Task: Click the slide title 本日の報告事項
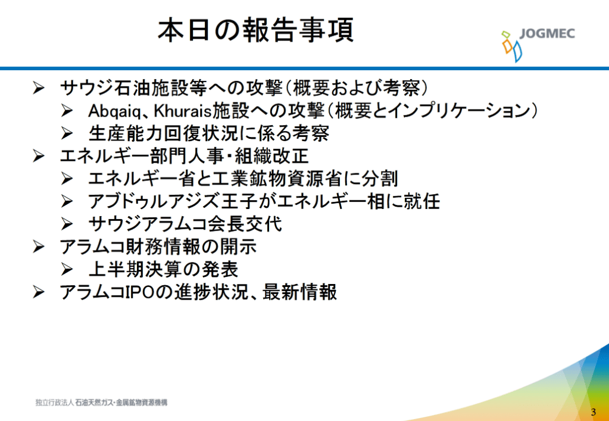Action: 255,31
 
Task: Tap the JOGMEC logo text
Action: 548,34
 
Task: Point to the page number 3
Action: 593,412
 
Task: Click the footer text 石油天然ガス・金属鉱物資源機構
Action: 121,403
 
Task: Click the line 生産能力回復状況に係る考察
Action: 209,134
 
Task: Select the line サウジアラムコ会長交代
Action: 185,224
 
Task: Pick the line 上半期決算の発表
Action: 163,269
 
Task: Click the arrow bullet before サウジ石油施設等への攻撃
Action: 39,89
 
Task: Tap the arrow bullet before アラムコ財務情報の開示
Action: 39,247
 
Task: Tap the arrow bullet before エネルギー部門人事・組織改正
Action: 39,157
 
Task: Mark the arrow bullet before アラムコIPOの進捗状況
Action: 39,292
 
